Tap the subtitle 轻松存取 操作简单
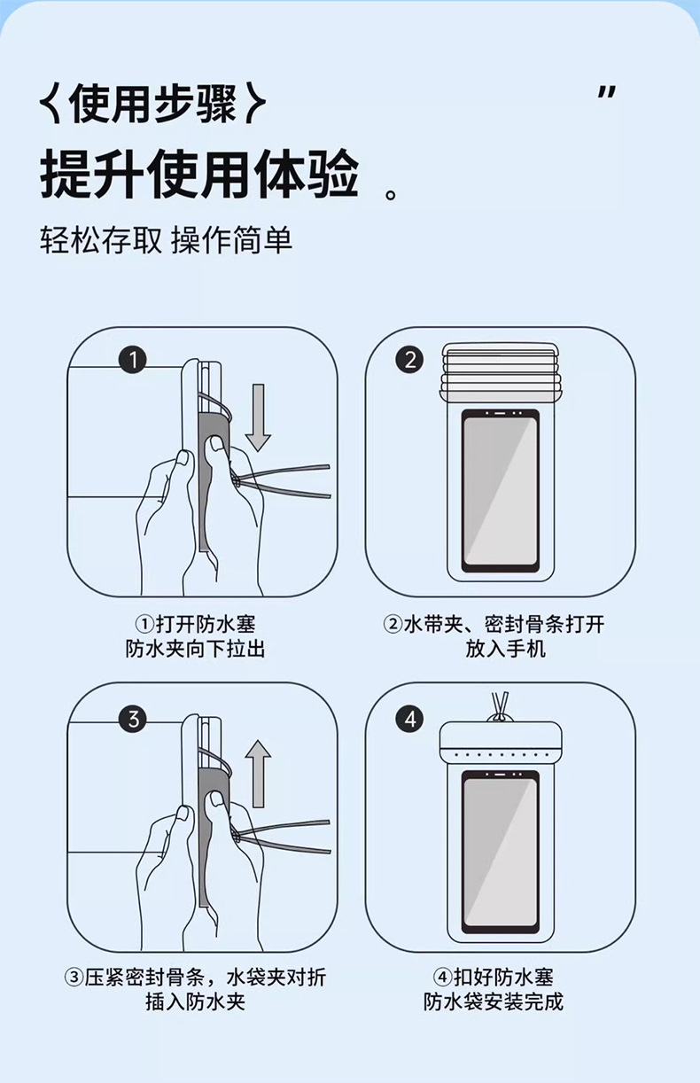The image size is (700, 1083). click(166, 240)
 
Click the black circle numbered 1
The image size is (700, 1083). click(133, 360)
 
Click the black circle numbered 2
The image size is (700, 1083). click(409, 360)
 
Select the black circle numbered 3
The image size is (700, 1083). click(133, 719)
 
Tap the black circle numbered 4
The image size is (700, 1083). click(409, 719)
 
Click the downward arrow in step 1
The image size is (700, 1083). click(258, 417)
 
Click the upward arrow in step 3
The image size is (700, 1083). click(258, 774)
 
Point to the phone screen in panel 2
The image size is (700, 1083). click(501, 490)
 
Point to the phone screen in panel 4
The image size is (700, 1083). click(501, 846)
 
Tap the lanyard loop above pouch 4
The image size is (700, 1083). click(501, 702)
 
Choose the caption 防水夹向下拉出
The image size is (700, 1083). click(196, 650)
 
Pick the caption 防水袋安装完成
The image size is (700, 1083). click(494, 1002)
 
